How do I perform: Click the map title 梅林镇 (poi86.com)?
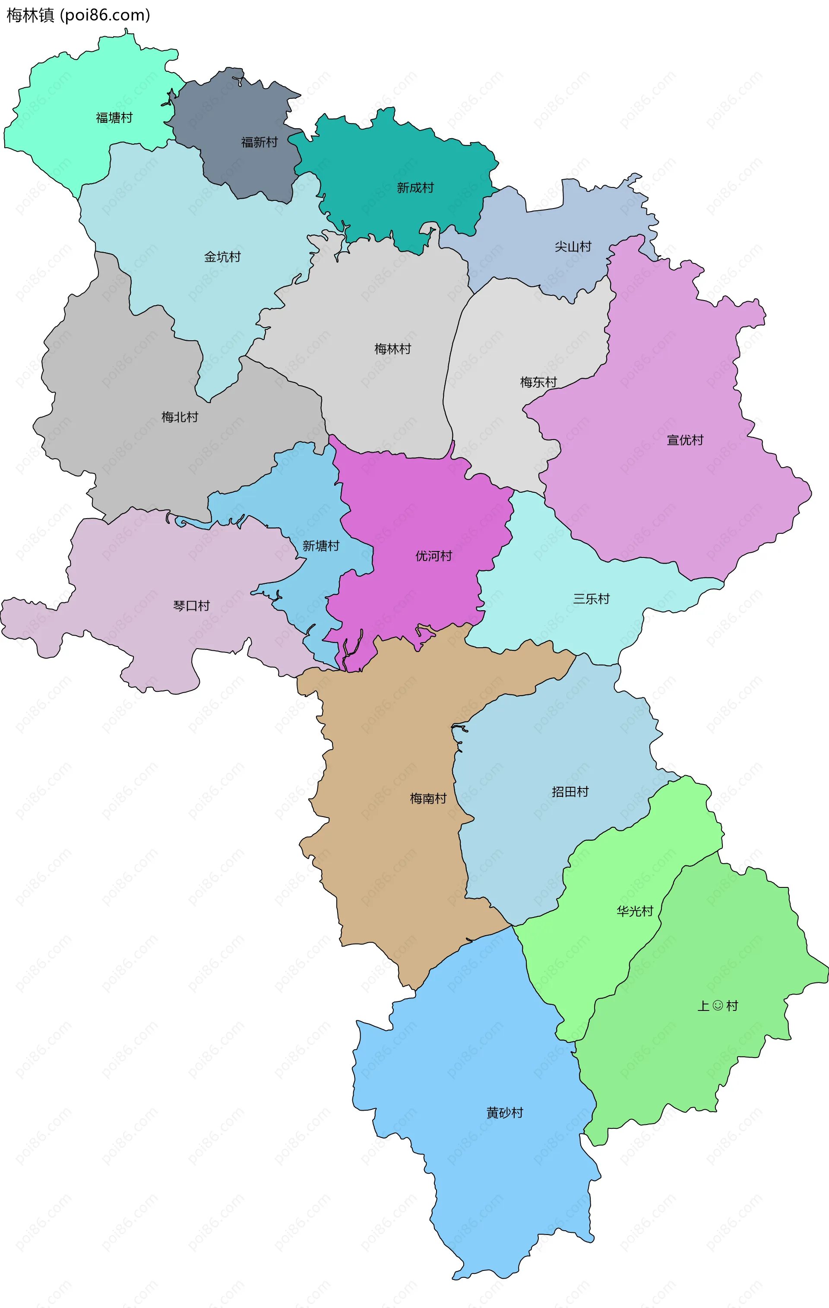[x=78, y=15]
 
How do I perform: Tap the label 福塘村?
[x=114, y=118]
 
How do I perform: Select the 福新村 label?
[x=259, y=143]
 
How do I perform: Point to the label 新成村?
[x=415, y=188]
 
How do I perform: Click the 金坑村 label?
[x=222, y=257]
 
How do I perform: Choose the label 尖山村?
[x=573, y=247]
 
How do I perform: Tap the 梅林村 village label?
[x=392, y=349]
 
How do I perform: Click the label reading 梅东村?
[x=538, y=383]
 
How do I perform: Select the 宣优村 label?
[x=684, y=440]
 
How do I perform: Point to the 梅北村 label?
[x=179, y=417]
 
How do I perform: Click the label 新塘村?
[x=320, y=546]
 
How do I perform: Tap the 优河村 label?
[x=433, y=556]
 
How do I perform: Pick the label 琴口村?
[x=191, y=606]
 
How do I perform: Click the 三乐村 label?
[x=591, y=599]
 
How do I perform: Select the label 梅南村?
[x=427, y=798]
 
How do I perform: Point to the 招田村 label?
[x=570, y=792]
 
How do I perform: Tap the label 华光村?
[x=634, y=911]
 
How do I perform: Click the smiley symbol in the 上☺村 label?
[x=718, y=1005]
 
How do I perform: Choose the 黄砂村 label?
[x=504, y=1113]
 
